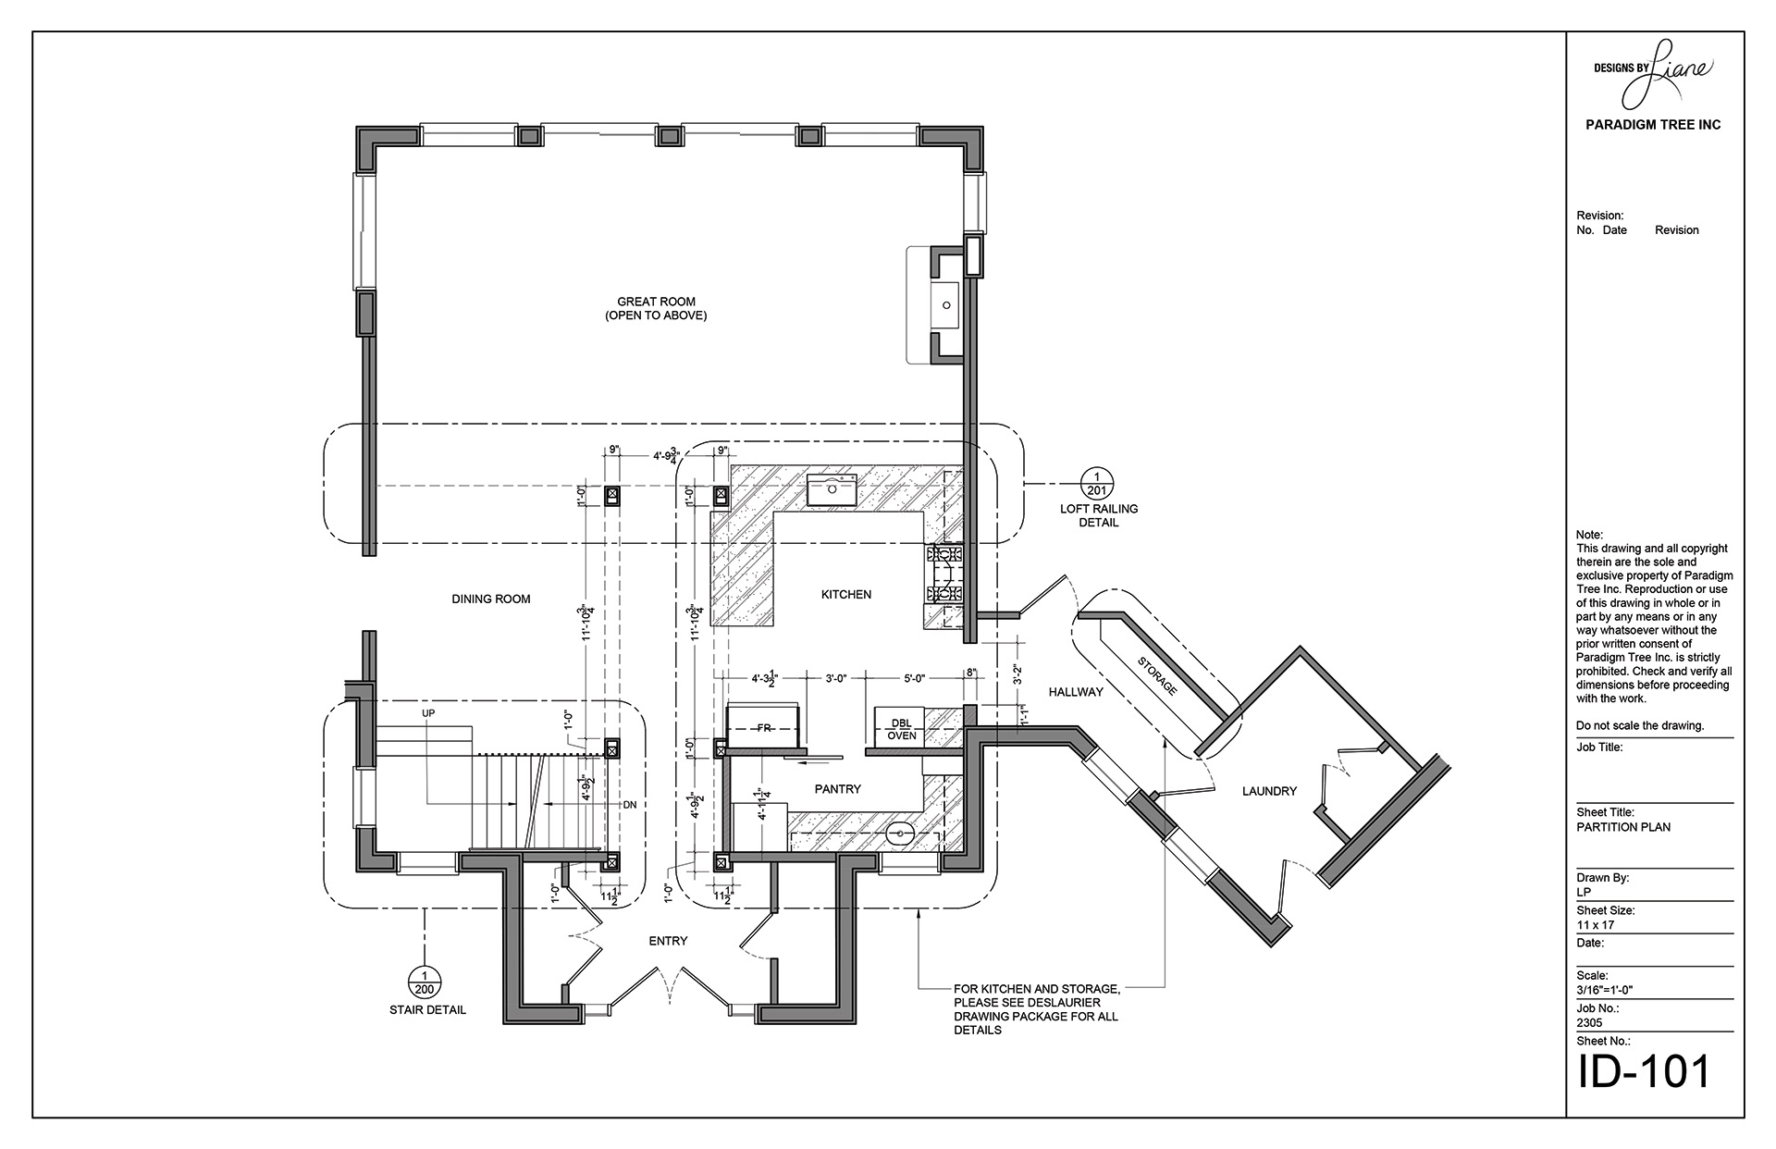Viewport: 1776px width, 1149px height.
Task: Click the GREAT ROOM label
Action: [x=656, y=302]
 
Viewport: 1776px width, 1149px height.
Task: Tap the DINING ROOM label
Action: [x=491, y=599]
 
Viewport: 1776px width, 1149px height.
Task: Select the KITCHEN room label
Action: [x=846, y=594]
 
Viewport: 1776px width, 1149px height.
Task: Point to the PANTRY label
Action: [x=838, y=789]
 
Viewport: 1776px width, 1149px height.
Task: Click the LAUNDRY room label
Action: [x=1269, y=791]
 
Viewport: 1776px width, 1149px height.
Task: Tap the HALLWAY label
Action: [x=1076, y=691]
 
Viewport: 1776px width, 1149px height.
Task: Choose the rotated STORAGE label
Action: [x=1157, y=676]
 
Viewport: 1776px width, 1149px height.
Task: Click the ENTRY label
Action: [x=668, y=941]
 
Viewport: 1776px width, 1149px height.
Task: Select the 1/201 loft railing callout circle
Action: [x=1098, y=483]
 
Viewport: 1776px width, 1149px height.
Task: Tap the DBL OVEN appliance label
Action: [x=902, y=729]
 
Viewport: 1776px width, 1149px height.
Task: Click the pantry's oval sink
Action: [x=901, y=834]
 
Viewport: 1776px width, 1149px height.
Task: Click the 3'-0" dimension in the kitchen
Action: [x=836, y=678]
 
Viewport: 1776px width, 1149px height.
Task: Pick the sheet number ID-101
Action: [x=1644, y=1072]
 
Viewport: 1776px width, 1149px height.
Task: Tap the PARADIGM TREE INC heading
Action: [x=1653, y=125]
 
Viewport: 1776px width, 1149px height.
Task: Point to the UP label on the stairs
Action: [x=428, y=714]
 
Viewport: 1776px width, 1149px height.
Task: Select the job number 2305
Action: [x=1589, y=1023]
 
